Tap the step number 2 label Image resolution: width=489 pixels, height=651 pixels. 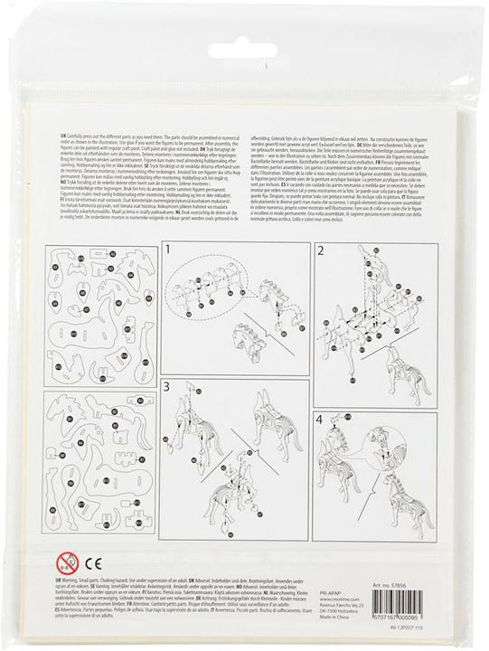(322, 250)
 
